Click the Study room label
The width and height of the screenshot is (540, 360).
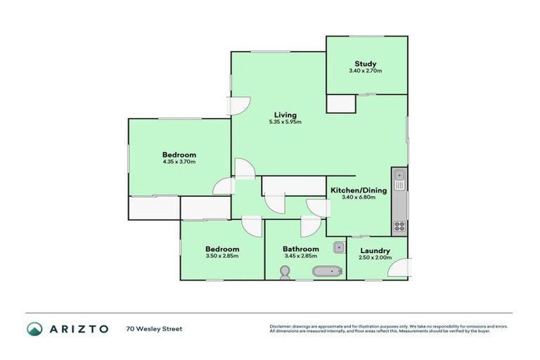pos(366,64)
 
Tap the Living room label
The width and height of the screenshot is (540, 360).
pos(285,115)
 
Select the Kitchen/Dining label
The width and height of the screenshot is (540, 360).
pos(357,189)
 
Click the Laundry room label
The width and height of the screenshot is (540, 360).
pos(374,250)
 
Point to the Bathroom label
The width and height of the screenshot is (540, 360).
pos(300,249)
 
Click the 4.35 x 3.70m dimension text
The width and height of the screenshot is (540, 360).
pos(179,162)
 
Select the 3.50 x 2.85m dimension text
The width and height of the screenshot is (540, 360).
pos(222,256)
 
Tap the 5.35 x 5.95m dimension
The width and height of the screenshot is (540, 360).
pos(285,122)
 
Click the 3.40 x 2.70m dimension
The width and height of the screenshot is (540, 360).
pos(366,71)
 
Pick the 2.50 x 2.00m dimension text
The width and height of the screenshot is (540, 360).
pos(374,257)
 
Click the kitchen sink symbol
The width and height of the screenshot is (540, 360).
pos(399,180)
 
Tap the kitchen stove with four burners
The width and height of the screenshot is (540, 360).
pos(399,226)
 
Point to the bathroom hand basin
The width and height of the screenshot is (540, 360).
pos(338,247)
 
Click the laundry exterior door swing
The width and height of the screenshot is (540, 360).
pos(399,268)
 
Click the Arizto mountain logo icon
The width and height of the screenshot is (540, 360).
pos(34,328)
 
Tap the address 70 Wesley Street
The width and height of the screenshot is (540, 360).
pos(154,328)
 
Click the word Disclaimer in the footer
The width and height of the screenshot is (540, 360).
pos(281,326)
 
